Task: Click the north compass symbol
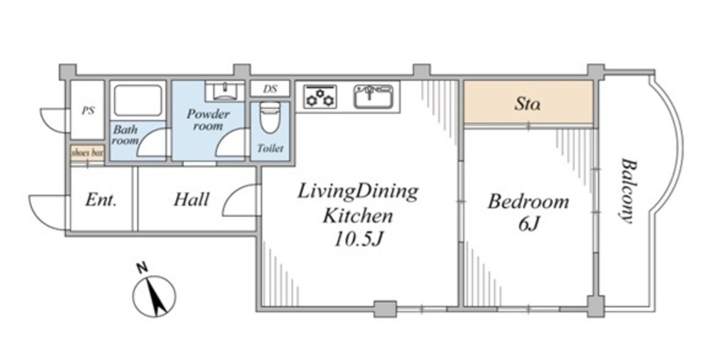(x=154, y=297)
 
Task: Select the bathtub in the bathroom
(x=138, y=100)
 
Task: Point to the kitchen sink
(x=372, y=96)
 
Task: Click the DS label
(x=270, y=88)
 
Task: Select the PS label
(x=88, y=110)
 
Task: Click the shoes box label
(x=87, y=153)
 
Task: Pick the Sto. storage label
(x=528, y=103)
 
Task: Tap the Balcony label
(x=627, y=190)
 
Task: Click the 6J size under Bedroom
(x=528, y=224)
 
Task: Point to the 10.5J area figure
(x=357, y=240)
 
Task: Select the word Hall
(x=191, y=199)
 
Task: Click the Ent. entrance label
(x=101, y=200)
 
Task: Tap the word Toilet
(x=270, y=148)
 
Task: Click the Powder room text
(x=208, y=120)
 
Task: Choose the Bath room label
(x=125, y=135)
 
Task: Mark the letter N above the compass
(x=143, y=268)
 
